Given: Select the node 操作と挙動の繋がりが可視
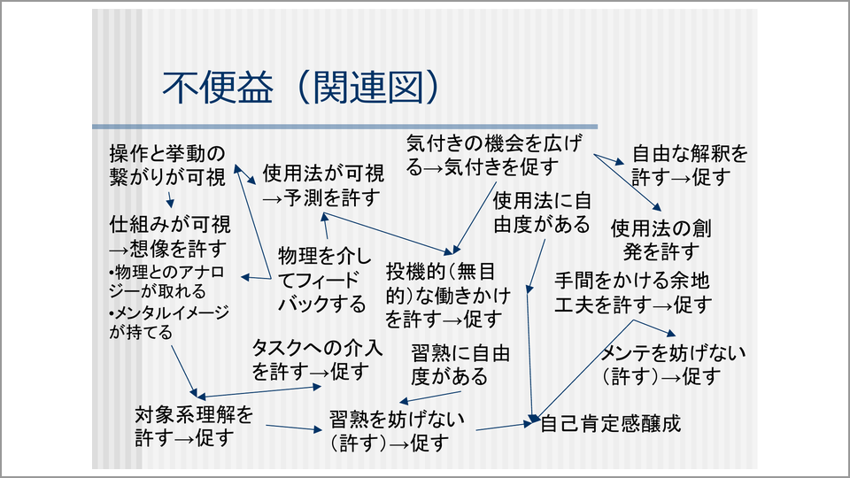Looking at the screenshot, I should click(x=167, y=164).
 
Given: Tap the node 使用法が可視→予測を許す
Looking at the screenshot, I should click(x=322, y=184).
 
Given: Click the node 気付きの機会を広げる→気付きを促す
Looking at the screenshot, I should click(x=495, y=154).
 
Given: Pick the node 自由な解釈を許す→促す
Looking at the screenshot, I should click(x=690, y=165).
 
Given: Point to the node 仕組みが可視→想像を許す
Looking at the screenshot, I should click(x=169, y=234).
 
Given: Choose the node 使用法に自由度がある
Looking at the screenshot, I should click(x=541, y=212).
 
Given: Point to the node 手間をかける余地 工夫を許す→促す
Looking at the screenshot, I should click(x=632, y=293).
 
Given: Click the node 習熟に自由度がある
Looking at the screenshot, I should click(x=460, y=365).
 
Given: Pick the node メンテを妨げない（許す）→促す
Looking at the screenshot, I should click(x=673, y=365).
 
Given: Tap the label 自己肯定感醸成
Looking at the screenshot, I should click(x=610, y=422).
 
